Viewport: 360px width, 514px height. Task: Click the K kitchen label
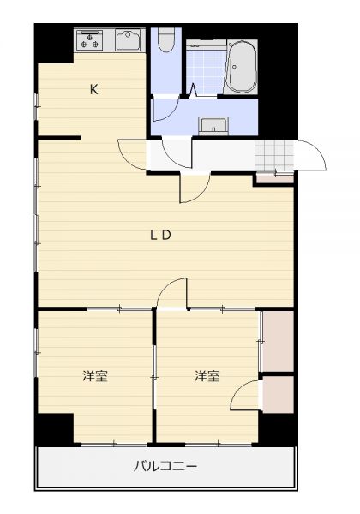point(94,89)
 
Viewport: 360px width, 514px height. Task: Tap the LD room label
point(160,235)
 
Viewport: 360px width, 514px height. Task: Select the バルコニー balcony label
point(165,466)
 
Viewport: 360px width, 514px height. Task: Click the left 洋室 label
point(95,376)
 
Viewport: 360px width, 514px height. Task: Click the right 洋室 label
point(207,376)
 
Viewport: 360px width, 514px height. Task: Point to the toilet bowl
point(166,39)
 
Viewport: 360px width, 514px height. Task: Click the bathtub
point(243,67)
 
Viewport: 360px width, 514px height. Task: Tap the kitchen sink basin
point(128,40)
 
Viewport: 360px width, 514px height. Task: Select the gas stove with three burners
point(89,40)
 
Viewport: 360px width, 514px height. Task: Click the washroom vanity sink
point(213,126)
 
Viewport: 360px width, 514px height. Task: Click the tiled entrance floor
point(274,156)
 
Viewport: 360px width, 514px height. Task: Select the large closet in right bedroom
point(278,341)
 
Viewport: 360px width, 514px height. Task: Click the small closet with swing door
point(278,394)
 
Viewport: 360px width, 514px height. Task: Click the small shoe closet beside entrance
point(274,179)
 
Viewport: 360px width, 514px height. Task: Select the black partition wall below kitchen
point(59,138)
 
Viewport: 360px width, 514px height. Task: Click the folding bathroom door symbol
point(194,90)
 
